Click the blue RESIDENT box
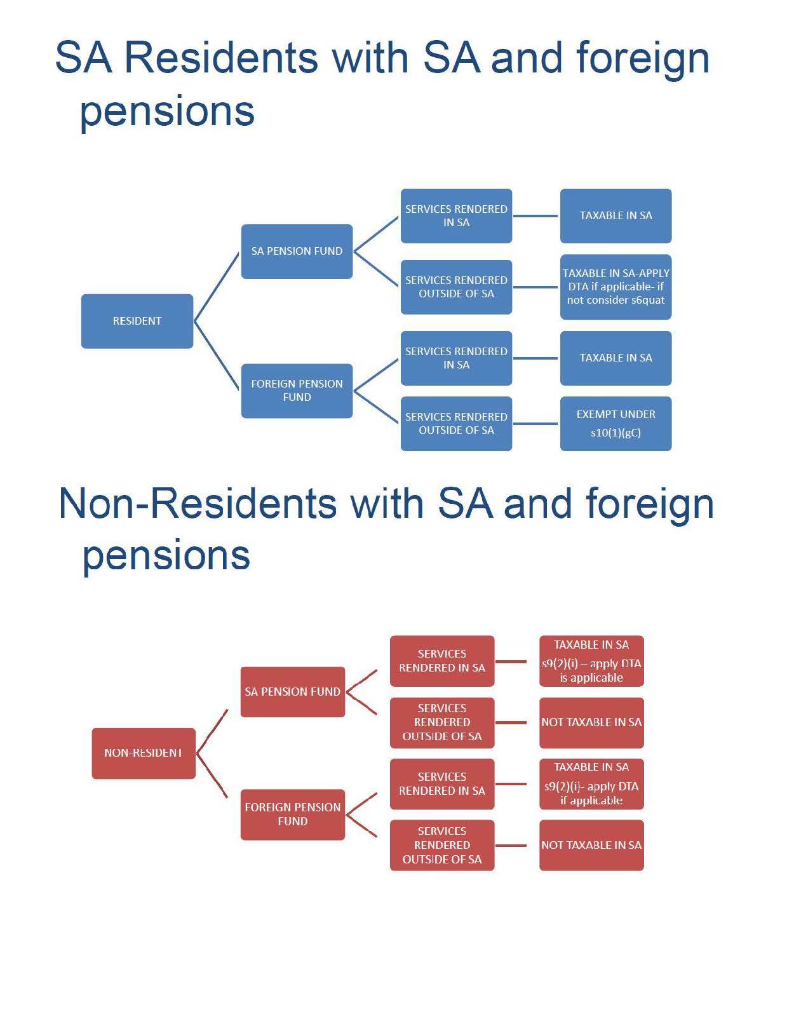tap(137, 321)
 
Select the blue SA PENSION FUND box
tap(297, 251)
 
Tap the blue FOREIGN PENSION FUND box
tap(297, 390)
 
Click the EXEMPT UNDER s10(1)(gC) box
tap(616, 423)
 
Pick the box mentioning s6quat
tap(616, 287)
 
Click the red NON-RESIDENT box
tap(144, 753)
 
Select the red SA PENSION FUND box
tap(292, 691)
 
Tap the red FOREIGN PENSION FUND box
tap(292, 814)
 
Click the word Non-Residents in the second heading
tap(197, 503)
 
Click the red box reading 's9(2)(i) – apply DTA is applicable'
tap(591, 661)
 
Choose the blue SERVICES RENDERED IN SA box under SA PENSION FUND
tap(456, 216)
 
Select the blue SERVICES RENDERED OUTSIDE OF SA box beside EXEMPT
tap(456, 423)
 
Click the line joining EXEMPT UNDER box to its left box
tap(535, 424)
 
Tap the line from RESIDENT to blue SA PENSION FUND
tap(217, 287)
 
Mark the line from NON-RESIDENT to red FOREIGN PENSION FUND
tap(212, 776)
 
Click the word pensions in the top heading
tap(167, 111)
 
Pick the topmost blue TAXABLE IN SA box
tap(616, 216)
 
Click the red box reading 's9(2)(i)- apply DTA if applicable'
tap(591, 784)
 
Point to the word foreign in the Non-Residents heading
tap(650, 503)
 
